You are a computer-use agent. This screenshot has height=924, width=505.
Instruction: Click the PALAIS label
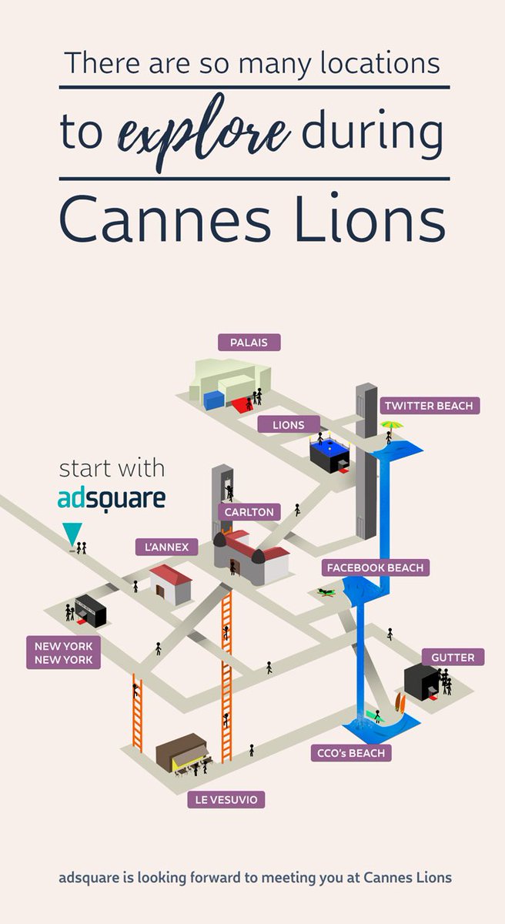(x=249, y=342)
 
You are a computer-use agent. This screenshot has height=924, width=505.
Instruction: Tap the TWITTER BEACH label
(x=430, y=405)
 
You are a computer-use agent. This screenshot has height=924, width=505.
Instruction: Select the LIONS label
(x=287, y=424)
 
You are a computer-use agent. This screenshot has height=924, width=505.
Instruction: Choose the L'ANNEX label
(x=166, y=547)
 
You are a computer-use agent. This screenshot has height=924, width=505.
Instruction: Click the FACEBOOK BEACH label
(x=375, y=567)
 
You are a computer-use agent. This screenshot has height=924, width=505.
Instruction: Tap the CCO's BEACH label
(x=350, y=752)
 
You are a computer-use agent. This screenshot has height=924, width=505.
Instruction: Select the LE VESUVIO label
(x=226, y=800)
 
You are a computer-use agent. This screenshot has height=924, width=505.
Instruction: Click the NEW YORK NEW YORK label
(x=63, y=652)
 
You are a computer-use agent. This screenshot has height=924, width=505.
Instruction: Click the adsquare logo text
(x=112, y=498)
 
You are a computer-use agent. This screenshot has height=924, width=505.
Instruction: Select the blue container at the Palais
(x=214, y=400)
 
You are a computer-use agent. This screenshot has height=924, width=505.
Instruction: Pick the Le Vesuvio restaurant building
(x=182, y=752)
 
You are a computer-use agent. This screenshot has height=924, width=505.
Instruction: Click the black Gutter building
(x=421, y=682)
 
